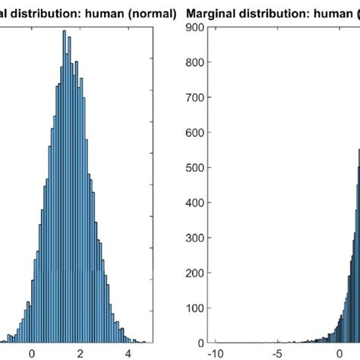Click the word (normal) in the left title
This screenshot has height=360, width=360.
[152, 14]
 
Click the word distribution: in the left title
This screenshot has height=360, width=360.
[49, 14]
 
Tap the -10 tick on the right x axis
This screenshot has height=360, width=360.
[216, 353]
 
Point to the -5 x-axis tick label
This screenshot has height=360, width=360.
[278, 353]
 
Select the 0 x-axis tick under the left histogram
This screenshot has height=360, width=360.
[32, 353]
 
